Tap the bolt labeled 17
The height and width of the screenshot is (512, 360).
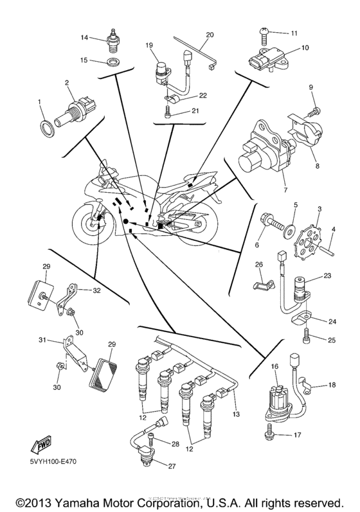click(265, 434)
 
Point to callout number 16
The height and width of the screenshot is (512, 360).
click(274, 366)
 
